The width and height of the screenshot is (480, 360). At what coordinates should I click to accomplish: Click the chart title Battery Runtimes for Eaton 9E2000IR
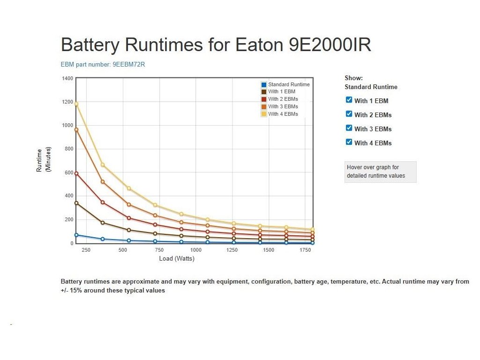pos(216,45)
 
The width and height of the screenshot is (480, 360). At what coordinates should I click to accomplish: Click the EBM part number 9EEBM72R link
pos(103,64)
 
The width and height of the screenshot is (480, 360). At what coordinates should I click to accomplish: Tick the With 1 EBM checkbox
pos(349,100)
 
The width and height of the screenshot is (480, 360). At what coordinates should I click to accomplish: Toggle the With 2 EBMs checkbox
pos(349,114)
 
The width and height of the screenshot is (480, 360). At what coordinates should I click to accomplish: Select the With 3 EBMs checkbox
pos(349,128)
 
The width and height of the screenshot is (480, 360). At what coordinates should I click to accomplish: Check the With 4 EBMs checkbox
pos(349,142)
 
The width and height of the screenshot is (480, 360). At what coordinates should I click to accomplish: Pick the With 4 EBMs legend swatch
pos(264,114)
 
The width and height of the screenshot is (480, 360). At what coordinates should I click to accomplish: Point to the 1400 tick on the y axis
pos(67,78)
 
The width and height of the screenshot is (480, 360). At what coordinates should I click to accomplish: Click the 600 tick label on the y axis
pos(68,172)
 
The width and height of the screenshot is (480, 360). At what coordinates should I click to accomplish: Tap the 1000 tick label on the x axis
pos(196,250)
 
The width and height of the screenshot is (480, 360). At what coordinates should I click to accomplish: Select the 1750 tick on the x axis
pos(305,250)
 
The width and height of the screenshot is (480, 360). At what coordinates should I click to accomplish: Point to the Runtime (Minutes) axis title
pos(43,159)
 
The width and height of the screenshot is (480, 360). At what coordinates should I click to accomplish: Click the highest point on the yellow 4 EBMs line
pos(76,104)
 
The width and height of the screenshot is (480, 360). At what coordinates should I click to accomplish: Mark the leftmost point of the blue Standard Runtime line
pos(76,235)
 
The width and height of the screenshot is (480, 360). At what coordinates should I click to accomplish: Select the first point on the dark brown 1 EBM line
pos(76,203)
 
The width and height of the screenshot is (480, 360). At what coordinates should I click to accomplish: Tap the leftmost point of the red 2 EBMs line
pos(76,173)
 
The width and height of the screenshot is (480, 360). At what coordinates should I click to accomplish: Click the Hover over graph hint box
pos(380,172)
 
